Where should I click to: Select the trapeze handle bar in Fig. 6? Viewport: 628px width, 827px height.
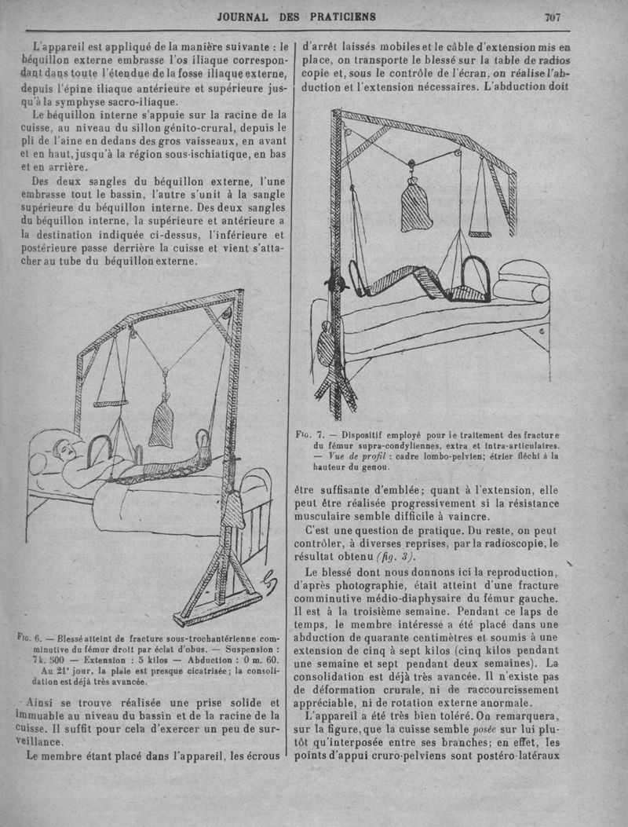pyautogui.click(x=111, y=404)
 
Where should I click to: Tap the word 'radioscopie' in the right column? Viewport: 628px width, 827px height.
pyautogui.click(x=505, y=542)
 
